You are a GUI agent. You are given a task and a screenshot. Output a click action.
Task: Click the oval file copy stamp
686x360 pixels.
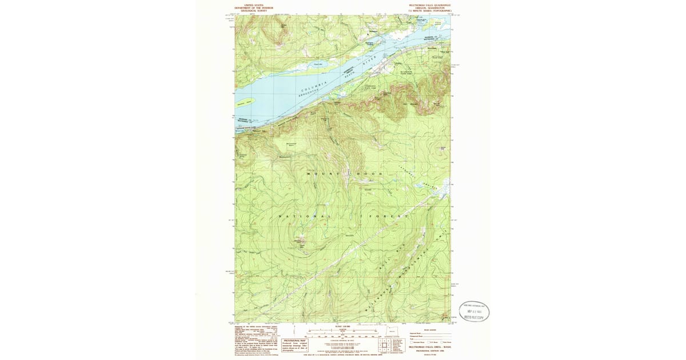474,311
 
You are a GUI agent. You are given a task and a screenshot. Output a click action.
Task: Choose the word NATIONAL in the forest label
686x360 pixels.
304,217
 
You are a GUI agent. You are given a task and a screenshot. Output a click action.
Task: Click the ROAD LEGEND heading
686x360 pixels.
429,330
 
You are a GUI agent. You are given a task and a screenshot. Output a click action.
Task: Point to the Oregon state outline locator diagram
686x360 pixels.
392,332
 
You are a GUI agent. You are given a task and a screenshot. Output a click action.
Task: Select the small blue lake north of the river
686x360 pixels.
318,65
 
